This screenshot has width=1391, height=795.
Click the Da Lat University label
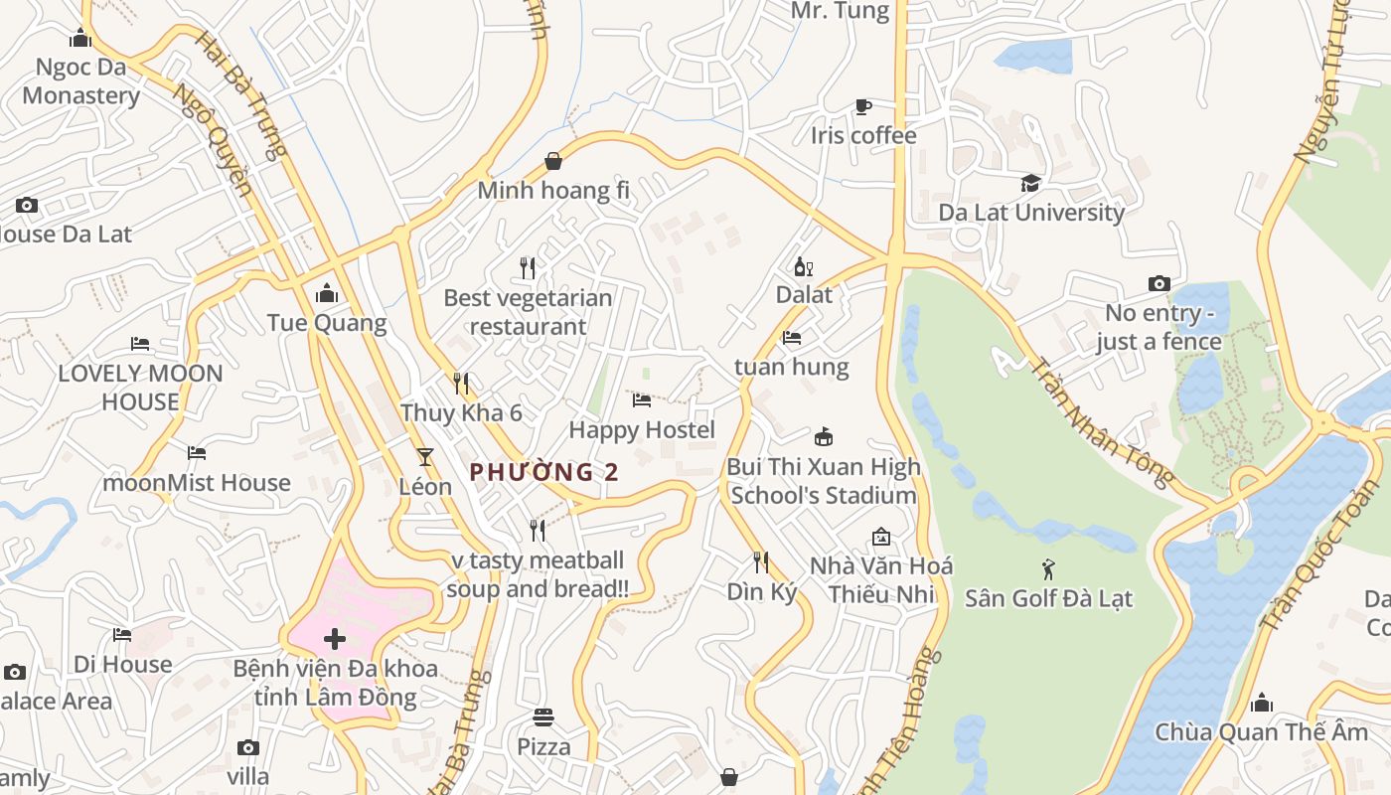click(x=1031, y=212)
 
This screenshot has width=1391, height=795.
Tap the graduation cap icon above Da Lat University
click(x=1030, y=184)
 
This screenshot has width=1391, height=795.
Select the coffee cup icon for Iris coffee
click(x=863, y=106)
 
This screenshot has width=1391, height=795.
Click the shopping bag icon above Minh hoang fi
click(x=553, y=161)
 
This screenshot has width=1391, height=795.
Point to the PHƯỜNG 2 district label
click(x=543, y=472)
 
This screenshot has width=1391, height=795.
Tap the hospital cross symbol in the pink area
click(x=335, y=639)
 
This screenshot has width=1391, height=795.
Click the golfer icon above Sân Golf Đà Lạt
click(x=1048, y=569)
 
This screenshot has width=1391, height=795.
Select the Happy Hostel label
click(x=642, y=429)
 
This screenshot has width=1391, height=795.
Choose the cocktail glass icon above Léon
click(x=425, y=457)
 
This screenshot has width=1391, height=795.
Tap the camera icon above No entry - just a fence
click(x=1159, y=284)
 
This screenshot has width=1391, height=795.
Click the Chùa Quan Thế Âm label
click(x=1261, y=732)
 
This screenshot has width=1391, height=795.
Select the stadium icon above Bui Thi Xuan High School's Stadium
click(x=823, y=436)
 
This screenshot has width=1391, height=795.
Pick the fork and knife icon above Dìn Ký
click(x=761, y=562)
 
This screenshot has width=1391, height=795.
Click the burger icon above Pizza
click(x=542, y=716)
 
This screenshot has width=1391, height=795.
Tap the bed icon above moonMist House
click(x=197, y=453)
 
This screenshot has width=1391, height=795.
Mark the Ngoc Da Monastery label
click(x=80, y=81)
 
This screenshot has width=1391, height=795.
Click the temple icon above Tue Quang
click(x=326, y=293)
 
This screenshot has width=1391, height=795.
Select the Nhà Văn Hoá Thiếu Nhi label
click(x=881, y=579)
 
